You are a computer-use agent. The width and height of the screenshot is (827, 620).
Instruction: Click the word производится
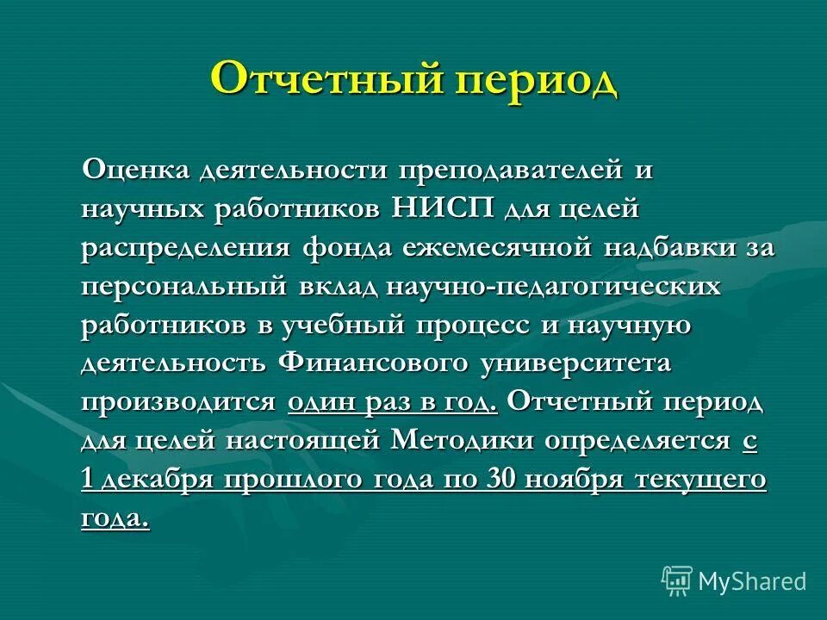(x=179, y=402)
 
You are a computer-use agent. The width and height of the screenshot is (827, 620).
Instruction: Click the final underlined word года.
(x=115, y=518)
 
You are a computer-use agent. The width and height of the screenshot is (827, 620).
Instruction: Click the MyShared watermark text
(x=752, y=581)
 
